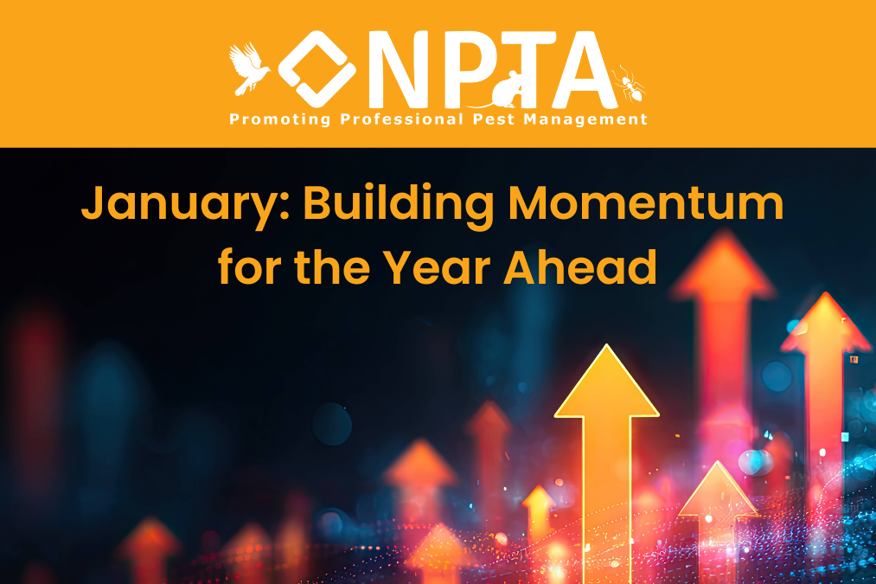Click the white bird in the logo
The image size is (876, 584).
[248, 68]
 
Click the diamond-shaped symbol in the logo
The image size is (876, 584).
[317, 68]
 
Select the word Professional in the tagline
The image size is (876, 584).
[402, 119]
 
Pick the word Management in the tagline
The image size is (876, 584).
[585, 119]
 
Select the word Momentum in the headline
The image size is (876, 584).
[646, 203]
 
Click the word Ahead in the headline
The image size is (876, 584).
[580, 266]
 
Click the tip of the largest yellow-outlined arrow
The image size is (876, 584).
[606, 345]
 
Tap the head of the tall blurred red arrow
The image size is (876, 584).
[724, 263]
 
